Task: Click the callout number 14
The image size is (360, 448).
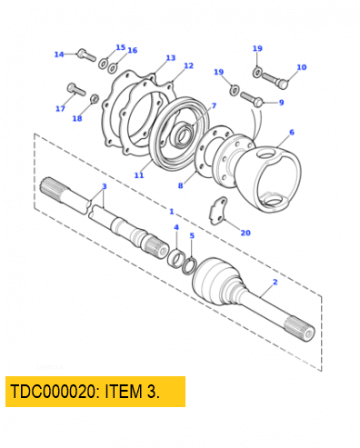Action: pyautogui.click(x=59, y=55)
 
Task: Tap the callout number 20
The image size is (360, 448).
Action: pyautogui.click(x=245, y=233)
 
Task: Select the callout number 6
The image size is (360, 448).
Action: pyautogui.click(x=291, y=132)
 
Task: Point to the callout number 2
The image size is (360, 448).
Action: pyautogui.click(x=274, y=284)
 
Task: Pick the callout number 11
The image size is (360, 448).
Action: pyautogui.click(x=139, y=174)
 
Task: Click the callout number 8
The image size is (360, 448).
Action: pyautogui.click(x=180, y=185)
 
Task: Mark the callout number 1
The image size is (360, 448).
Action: pyautogui.click(x=171, y=211)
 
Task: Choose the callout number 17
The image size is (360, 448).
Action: pyautogui.click(x=60, y=109)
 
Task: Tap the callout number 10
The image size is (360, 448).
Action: pyautogui.click(x=301, y=67)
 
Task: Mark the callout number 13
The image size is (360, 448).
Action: pyautogui.click(x=171, y=57)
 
